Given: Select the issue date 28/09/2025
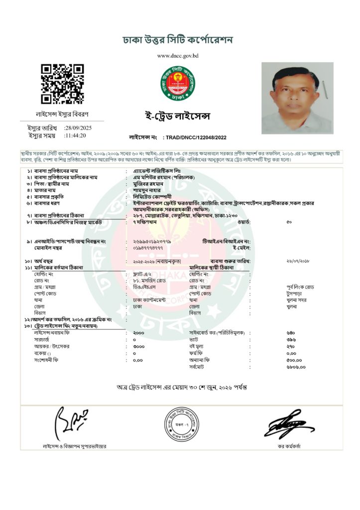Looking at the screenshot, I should point(78,128).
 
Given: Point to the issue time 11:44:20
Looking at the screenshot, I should point(75,135).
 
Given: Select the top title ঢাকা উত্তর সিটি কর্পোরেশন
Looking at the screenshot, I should point(178,40).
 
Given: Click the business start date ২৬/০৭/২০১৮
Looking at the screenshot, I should point(298,261).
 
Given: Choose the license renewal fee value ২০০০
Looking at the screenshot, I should point(139,331).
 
